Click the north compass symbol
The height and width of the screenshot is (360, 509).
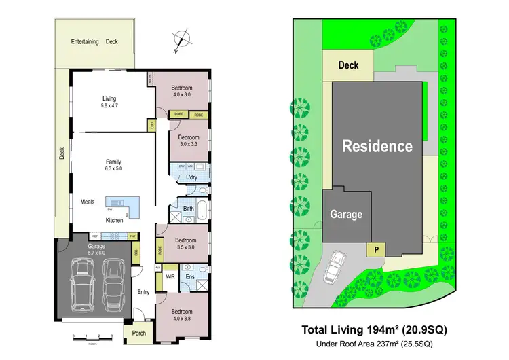pos(180,41)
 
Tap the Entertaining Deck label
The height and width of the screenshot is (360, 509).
pos(94,42)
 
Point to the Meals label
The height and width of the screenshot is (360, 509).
pos(88,202)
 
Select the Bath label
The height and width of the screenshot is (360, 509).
pos(188,209)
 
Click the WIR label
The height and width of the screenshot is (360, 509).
pos(170,277)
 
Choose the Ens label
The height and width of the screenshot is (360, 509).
pos(191,277)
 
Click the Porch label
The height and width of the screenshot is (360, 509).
pos(139,333)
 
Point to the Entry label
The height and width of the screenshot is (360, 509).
pos(143,292)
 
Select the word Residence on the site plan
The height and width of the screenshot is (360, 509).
pos(377,146)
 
